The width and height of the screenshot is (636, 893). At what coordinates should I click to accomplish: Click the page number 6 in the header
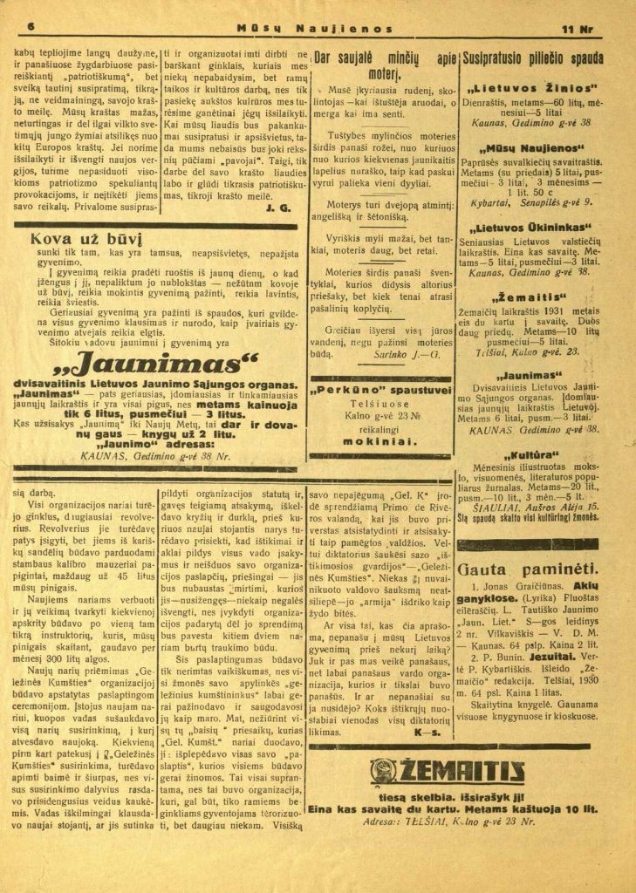pos(31,28)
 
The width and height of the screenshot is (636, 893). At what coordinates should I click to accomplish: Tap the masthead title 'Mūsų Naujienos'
pos(319,29)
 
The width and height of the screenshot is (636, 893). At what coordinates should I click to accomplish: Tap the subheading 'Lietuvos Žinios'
pos(532,89)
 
